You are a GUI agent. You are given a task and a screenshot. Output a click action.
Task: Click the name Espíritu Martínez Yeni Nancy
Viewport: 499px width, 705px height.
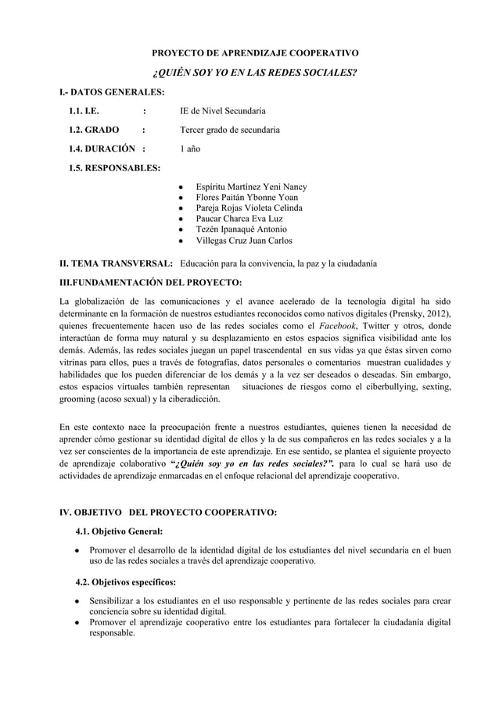click(x=250, y=188)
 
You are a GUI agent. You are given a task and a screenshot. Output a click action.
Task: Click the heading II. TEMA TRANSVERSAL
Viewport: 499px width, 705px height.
click(x=117, y=264)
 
